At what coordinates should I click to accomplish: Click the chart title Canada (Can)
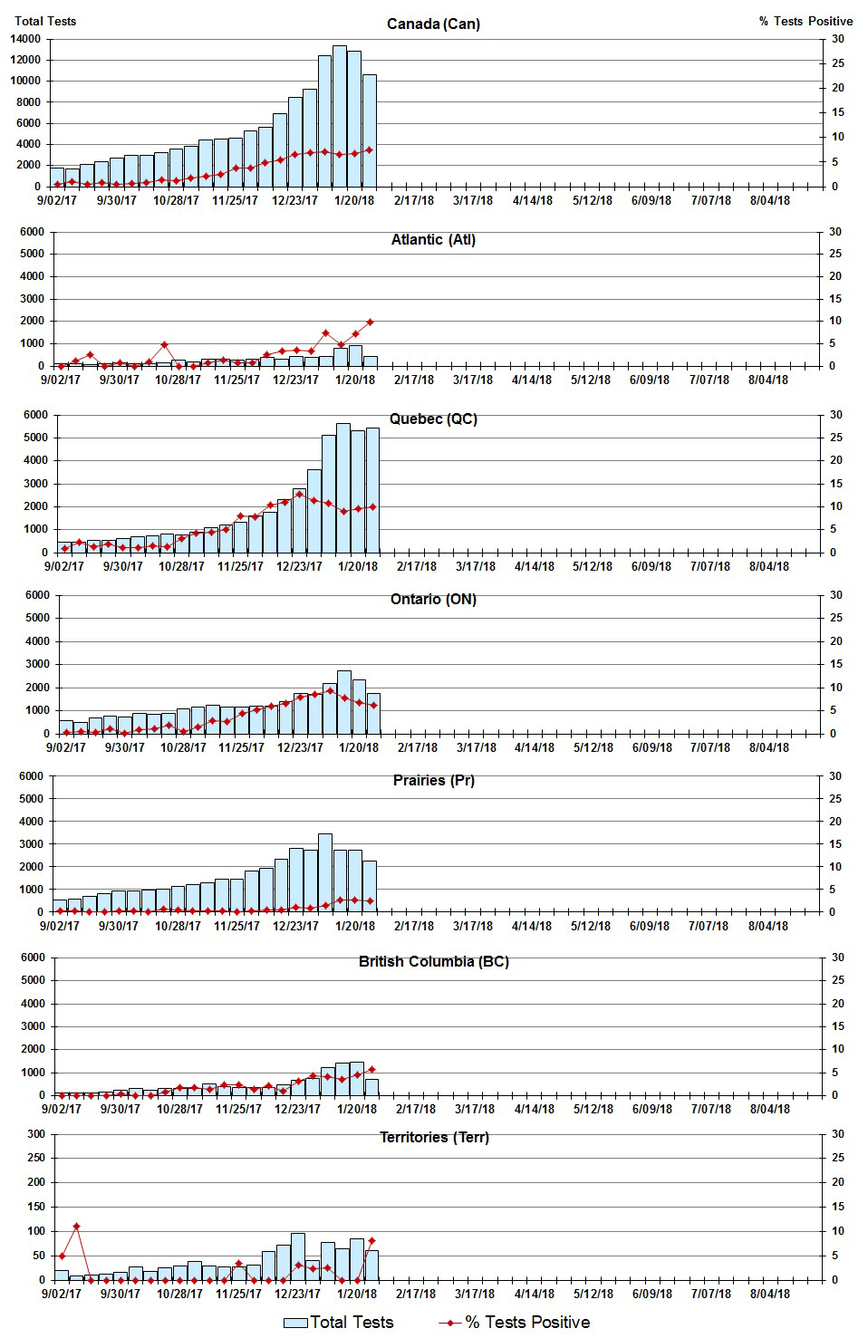pyautogui.click(x=433, y=24)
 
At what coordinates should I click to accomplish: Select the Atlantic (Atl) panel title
pyautogui.click(x=433, y=240)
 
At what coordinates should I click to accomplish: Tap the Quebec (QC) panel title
pyautogui.click(x=433, y=419)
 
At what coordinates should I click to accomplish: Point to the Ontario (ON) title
pyautogui.click(x=433, y=599)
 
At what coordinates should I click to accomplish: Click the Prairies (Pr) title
pyautogui.click(x=433, y=780)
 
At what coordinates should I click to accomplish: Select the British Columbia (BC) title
pyautogui.click(x=433, y=961)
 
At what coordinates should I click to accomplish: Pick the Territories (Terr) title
pyautogui.click(x=433, y=1137)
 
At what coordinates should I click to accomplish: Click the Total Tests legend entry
pyautogui.click(x=339, y=1323)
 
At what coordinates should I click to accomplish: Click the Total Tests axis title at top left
pyautogui.click(x=45, y=21)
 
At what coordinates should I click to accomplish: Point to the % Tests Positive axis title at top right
pyautogui.click(x=805, y=21)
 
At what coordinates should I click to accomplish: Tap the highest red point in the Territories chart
pyautogui.click(x=76, y=1227)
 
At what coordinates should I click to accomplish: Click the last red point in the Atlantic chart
pyautogui.click(x=370, y=322)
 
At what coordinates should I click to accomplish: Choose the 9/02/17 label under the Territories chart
pyautogui.click(x=61, y=1294)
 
